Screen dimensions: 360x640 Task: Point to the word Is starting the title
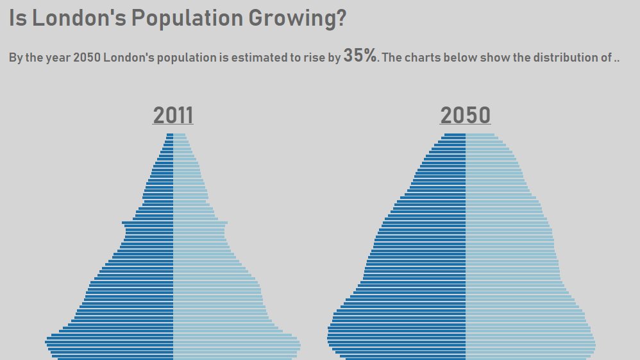tap(17, 19)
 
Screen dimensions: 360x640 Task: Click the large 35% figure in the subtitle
tap(360, 56)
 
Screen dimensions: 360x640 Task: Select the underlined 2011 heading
tap(173, 116)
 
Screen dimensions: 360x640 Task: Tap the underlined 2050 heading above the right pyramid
tap(466, 116)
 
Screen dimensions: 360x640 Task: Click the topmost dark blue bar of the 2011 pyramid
tap(170, 135)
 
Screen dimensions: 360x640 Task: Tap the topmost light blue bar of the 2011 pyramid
tap(180, 135)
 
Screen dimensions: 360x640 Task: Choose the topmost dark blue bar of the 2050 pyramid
tap(455, 135)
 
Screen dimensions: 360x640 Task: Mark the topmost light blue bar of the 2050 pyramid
tap(480, 135)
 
